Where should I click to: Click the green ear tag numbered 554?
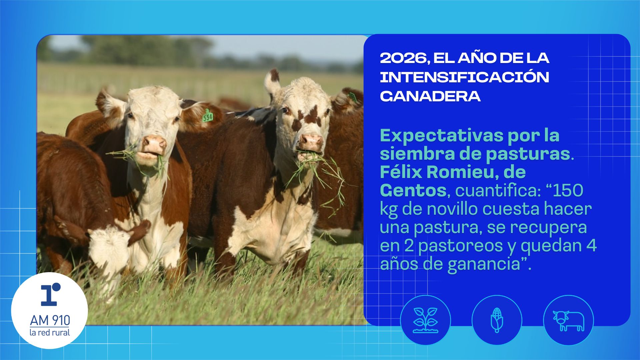[207, 115]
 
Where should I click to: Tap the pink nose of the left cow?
[154, 143]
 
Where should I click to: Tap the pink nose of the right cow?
[310, 141]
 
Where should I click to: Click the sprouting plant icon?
[425, 320]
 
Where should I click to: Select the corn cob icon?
[497, 320]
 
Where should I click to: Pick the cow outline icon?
[568, 321]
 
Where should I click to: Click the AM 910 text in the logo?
[50, 320]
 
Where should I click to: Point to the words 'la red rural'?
[50, 332]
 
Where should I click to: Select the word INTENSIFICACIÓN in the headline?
[464, 77]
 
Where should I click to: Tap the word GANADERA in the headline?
[430, 96]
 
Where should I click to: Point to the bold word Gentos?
[413, 191]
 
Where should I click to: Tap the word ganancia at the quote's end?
[484, 264]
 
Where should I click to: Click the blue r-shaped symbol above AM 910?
[50, 294]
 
